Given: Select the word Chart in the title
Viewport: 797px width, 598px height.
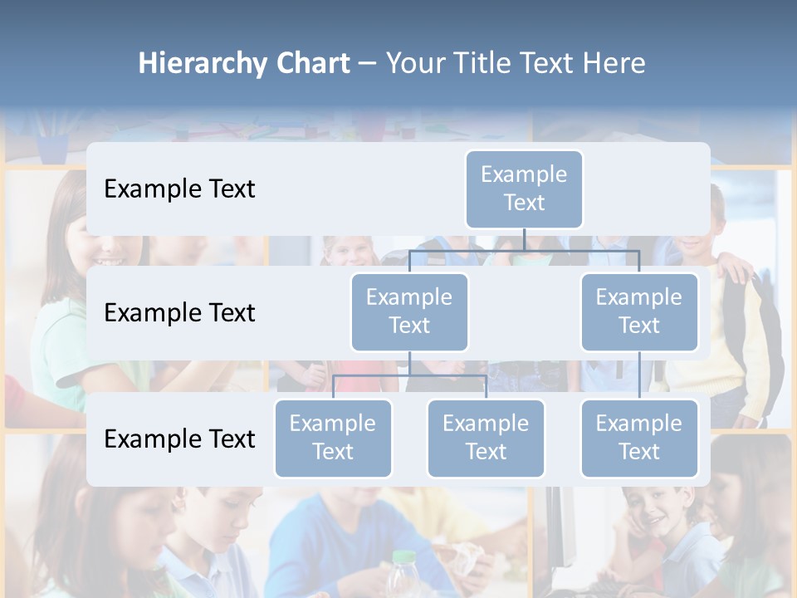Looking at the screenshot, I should click(x=312, y=64).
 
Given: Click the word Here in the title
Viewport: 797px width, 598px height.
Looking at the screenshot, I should click(x=613, y=64).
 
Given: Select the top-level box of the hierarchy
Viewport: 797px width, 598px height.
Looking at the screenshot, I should click(x=524, y=189).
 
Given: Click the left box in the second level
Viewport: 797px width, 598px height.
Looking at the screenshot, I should click(x=409, y=311).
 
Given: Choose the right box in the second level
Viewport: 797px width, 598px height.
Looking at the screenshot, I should click(x=639, y=311).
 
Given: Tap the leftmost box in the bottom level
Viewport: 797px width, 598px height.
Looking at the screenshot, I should click(x=333, y=438).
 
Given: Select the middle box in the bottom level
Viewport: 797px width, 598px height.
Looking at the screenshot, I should click(x=486, y=438).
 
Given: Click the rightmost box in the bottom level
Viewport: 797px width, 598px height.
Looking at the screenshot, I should click(x=639, y=438).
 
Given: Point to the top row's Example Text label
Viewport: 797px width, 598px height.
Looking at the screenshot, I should click(x=179, y=189).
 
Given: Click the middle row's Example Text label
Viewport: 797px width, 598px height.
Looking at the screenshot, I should click(x=179, y=312).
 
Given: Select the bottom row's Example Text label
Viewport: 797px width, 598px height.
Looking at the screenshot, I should click(x=179, y=439).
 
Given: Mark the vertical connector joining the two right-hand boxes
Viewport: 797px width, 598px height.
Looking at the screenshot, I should click(x=639, y=375).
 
